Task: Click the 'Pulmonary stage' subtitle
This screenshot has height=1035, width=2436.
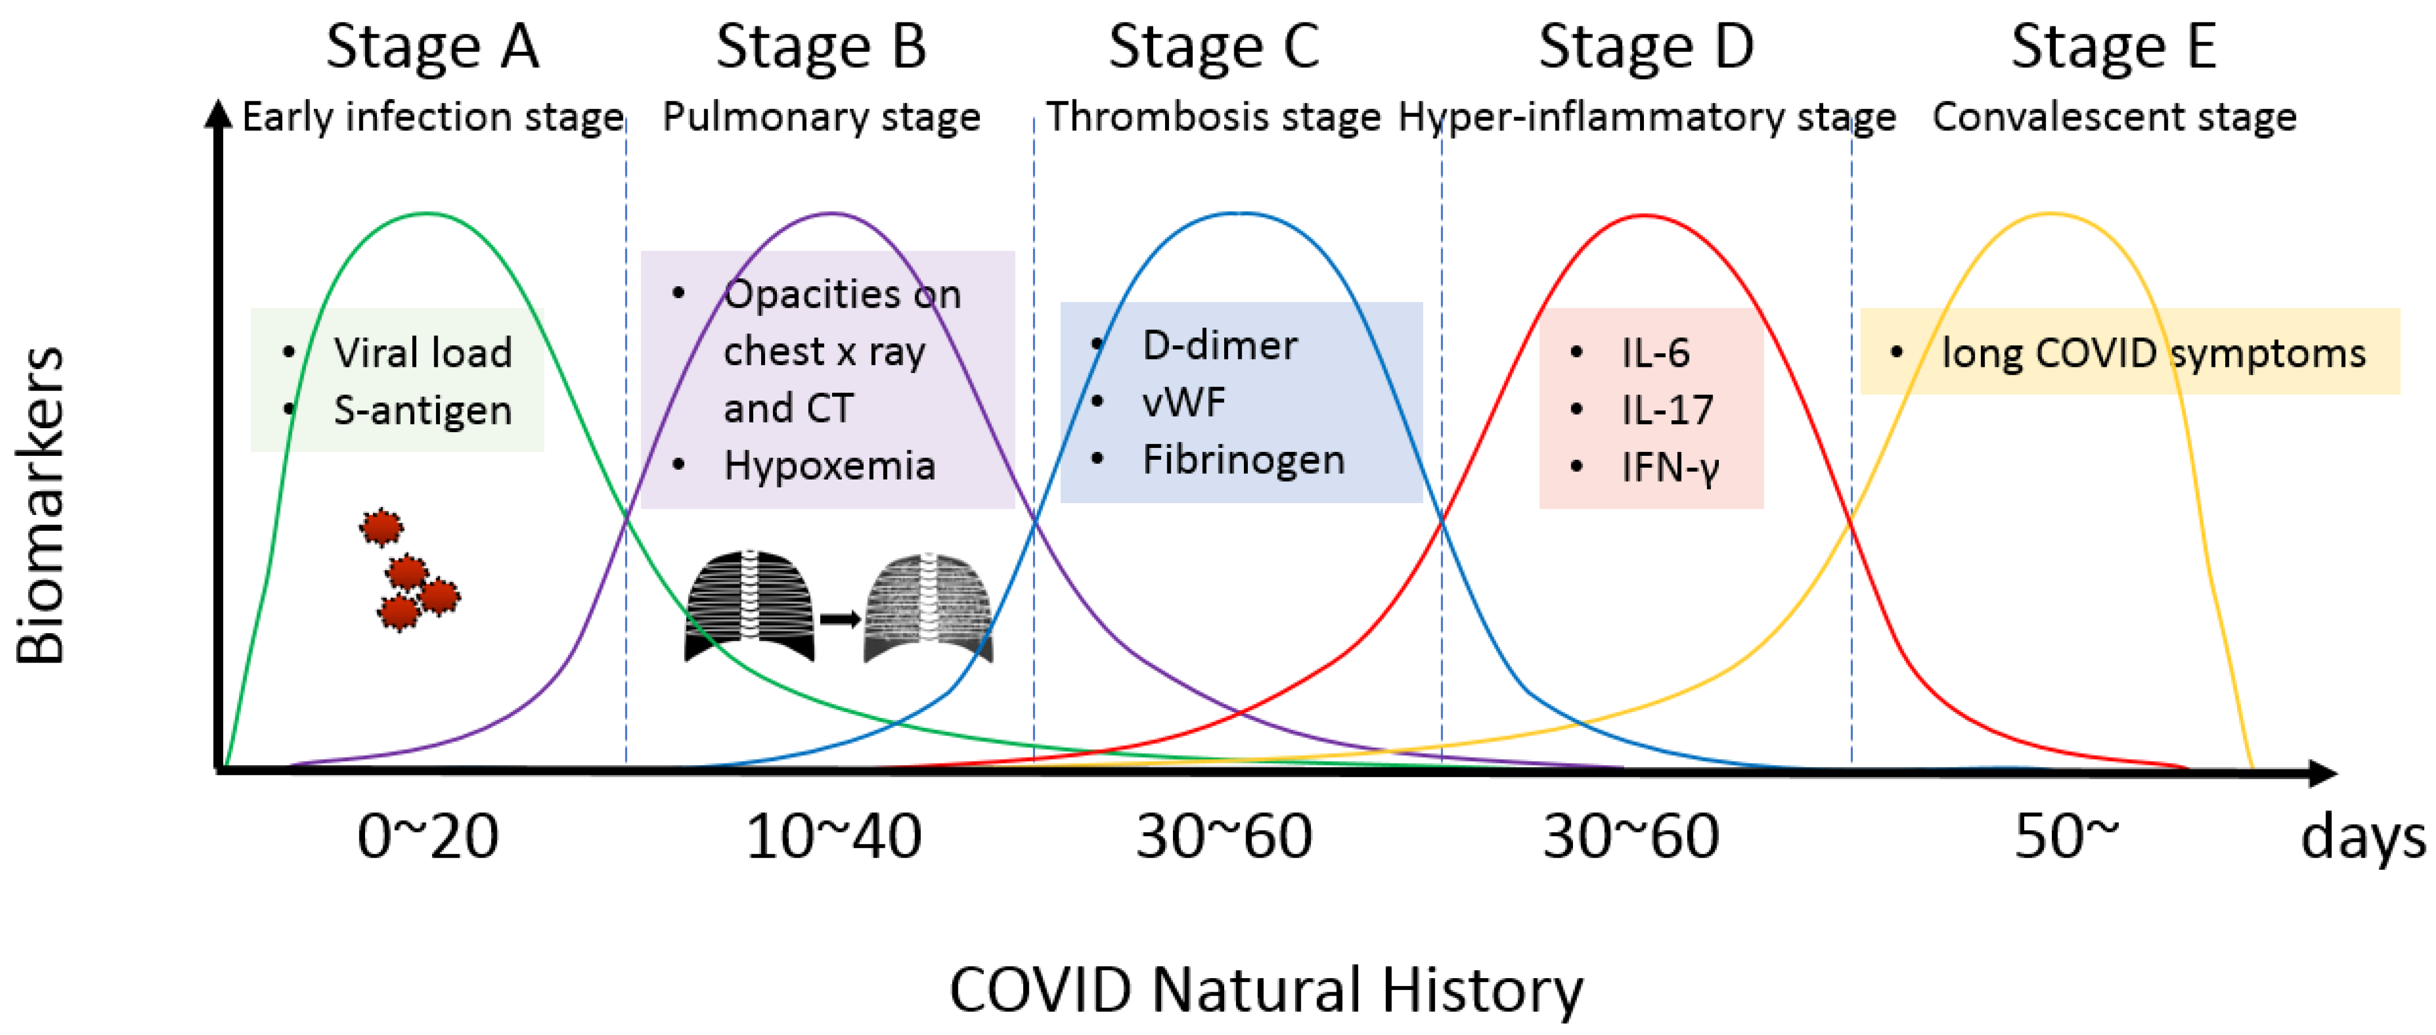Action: tap(821, 117)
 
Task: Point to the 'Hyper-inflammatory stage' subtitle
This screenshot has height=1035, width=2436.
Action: tap(1646, 117)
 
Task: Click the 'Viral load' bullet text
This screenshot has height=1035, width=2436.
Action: tap(423, 353)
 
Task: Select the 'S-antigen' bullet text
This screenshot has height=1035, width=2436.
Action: tap(423, 411)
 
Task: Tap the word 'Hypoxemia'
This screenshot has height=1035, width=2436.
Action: tap(829, 465)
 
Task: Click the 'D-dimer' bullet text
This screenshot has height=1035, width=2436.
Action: tap(1220, 345)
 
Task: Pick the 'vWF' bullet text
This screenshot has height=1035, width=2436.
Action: tap(1184, 403)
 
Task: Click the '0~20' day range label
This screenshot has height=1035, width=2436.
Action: tap(428, 837)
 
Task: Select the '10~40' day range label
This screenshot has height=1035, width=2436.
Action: tap(833, 837)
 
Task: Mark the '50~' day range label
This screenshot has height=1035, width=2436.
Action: tap(2066, 837)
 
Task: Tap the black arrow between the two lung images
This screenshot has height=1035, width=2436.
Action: tap(839, 620)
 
